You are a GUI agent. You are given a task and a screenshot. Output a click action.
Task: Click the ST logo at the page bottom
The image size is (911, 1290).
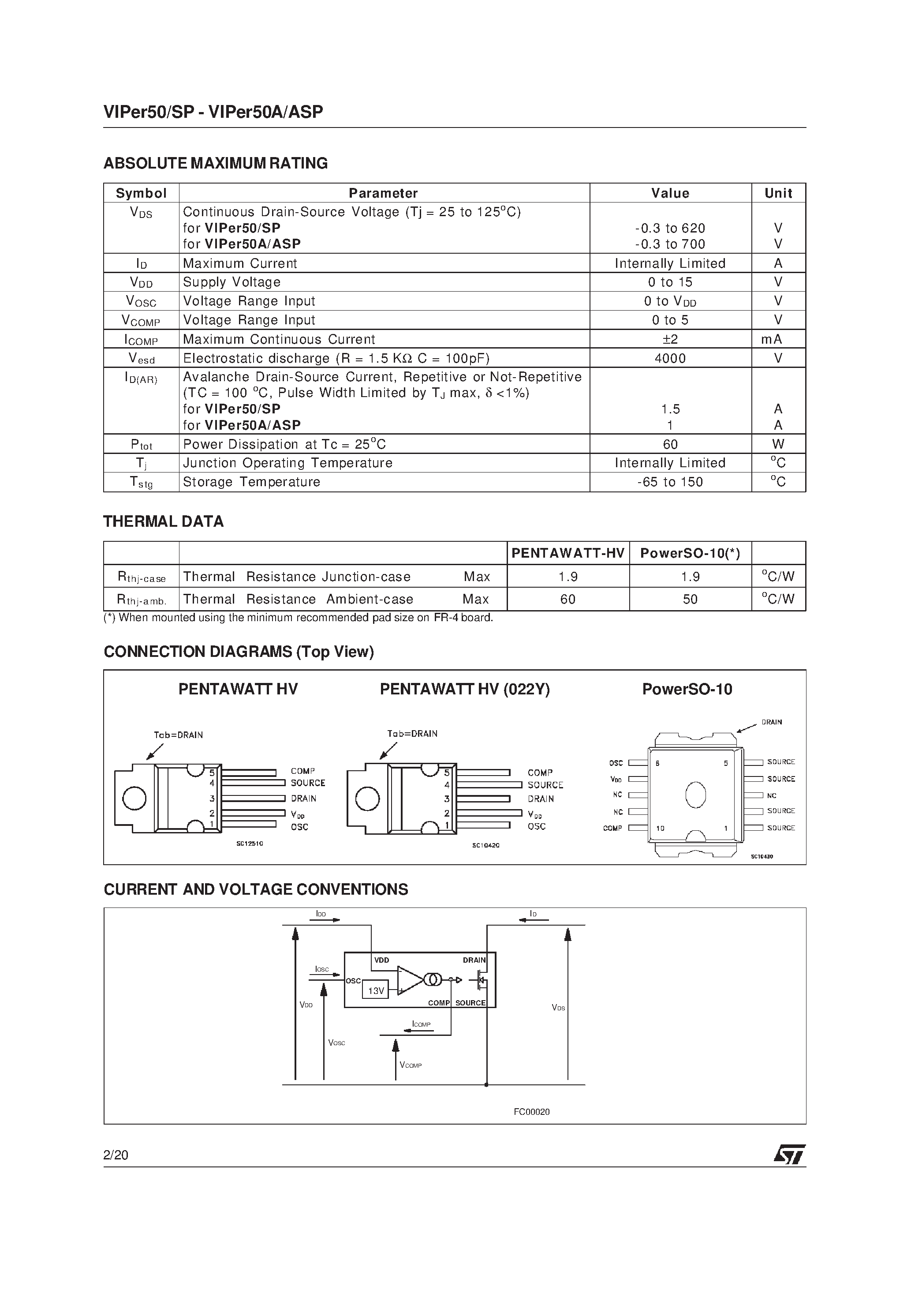pyautogui.click(x=790, y=1155)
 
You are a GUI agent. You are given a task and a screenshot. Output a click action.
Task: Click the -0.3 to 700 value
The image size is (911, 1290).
pyautogui.click(x=670, y=244)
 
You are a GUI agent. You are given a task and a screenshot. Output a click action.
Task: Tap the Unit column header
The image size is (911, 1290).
pyautogui.click(x=778, y=193)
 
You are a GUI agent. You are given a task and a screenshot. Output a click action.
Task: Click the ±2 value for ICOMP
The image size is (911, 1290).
pyautogui.click(x=670, y=339)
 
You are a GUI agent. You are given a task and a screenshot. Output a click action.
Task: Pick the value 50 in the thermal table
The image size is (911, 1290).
pyautogui.click(x=690, y=600)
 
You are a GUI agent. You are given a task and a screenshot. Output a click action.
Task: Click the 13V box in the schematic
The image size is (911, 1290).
pyautogui.click(x=375, y=991)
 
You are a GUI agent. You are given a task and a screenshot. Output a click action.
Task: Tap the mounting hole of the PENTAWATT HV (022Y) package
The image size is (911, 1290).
pyautogui.click(x=367, y=799)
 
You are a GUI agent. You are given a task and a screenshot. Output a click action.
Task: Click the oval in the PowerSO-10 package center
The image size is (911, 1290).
pyautogui.click(x=695, y=795)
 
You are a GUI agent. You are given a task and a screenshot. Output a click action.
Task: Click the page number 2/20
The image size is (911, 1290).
pyautogui.click(x=116, y=1155)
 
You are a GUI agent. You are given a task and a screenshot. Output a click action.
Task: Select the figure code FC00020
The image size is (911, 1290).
pyautogui.click(x=531, y=1112)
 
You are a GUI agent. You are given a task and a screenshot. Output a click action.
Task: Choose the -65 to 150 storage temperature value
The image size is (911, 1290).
pyautogui.click(x=670, y=482)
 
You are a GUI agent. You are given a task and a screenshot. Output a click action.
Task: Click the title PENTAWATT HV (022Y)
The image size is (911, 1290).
pyautogui.click(x=464, y=690)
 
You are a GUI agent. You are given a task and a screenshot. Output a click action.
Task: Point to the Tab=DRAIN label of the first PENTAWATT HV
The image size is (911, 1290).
pyautogui.click(x=178, y=735)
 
